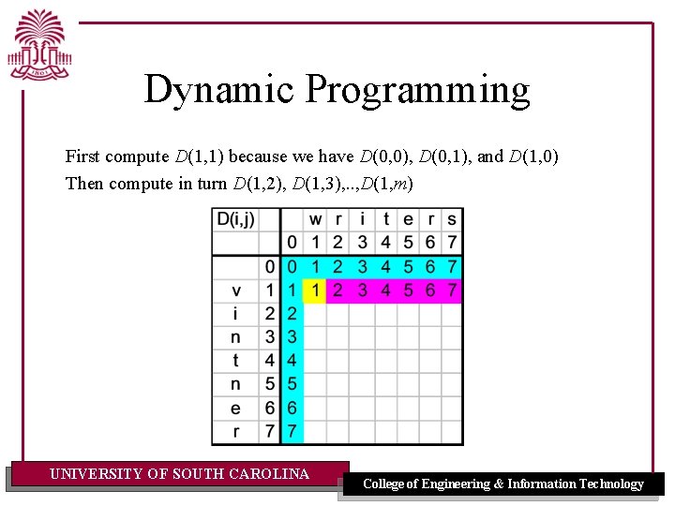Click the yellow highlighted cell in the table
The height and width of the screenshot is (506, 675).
click(x=316, y=290)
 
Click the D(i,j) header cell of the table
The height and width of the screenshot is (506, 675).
click(x=235, y=219)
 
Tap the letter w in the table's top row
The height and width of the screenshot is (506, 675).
click(x=316, y=219)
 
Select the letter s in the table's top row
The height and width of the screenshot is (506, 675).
click(x=452, y=219)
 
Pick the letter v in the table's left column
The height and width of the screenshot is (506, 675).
click(x=235, y=290)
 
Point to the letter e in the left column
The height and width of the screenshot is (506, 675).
click(x=235, y=408)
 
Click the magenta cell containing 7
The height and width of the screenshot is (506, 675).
click(x=452, y=290)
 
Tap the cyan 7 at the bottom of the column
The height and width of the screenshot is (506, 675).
click(x=292, y=432)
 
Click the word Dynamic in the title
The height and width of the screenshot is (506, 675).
click(x=220, y=90)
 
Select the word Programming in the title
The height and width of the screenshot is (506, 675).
click(x=417, y=91)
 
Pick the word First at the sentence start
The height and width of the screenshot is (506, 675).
click(x=82, y=156)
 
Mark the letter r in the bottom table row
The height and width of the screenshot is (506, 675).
click(x=235, y=432)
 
